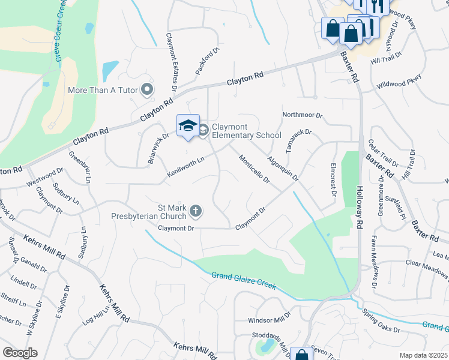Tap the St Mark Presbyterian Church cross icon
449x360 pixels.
[x=196, y=211]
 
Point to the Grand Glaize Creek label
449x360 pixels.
[x=243, y=280]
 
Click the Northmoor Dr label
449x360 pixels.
[x=303, y=115]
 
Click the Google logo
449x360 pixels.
[x=20, y=353]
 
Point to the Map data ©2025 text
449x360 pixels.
[x=423, y=355]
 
